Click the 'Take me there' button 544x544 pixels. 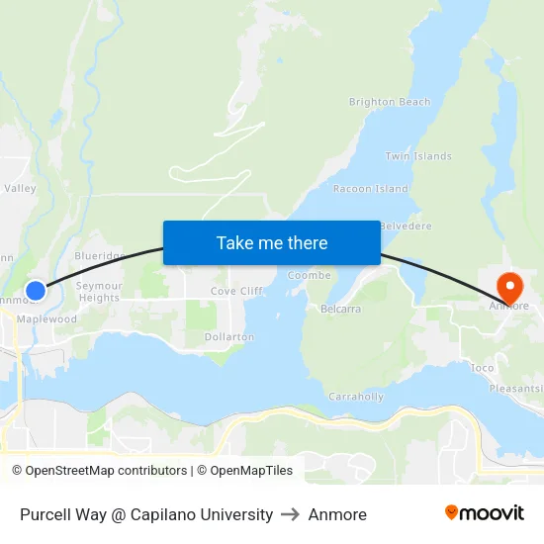click(x=271, y=242)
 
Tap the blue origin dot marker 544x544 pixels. click(x=36, y=290)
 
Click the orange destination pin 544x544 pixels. click(x=510, y=287)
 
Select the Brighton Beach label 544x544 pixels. click(x=390, y=102)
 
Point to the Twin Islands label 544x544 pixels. click(x=417, y=156)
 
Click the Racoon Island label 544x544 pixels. click(x=371, y=188)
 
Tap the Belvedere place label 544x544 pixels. click(x=406, y=226)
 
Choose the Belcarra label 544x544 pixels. click(x=341, y=309)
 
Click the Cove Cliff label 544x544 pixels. click(x=236, y=291)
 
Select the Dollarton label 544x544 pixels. click(x=229, y=336)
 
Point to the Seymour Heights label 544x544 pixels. click(x=99, y=292)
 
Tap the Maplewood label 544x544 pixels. click(x=46, y=318)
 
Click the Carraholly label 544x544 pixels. click(x=356, y=397)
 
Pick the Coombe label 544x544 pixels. click(x=309, y=275)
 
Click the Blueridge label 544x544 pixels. click(x=99, y=255)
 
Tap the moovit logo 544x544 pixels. click(x=484, y=513)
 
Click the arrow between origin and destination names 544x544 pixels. click(x=291, y=514)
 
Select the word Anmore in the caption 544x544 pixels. click(x=337, y=514)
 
